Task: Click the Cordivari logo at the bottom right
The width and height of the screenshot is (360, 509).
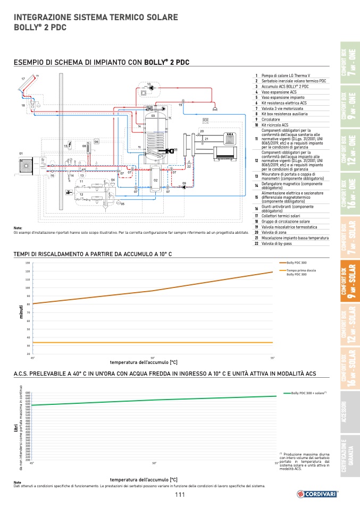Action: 317,494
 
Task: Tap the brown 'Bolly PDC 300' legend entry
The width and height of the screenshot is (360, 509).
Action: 297,263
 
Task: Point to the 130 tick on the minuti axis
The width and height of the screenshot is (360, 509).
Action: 27,263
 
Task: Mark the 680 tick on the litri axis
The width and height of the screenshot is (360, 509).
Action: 28,393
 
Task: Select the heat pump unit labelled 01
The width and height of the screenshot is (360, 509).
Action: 26,165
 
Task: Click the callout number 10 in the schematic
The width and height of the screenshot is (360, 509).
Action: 149,84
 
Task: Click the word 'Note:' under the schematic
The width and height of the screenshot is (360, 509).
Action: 18,228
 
